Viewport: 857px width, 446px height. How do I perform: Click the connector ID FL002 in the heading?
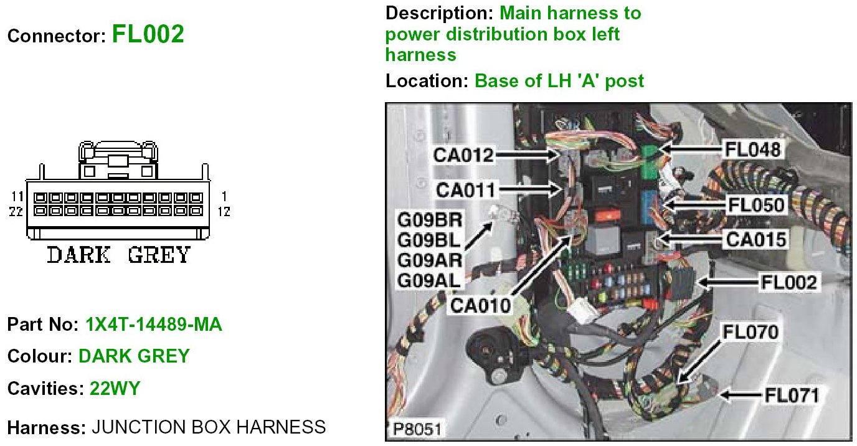coord(148,34)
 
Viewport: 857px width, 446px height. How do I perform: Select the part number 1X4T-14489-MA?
coord(153,325)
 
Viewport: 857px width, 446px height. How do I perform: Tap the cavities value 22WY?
coord(115,389)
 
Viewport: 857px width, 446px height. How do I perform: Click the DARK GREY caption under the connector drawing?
coord(118,255)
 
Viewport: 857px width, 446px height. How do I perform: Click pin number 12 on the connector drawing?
coord(224,212)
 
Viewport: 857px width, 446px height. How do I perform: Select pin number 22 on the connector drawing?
coord(17,212)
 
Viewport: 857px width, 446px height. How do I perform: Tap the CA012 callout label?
coord(465,155)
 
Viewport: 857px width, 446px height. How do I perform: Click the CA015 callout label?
coord(753,239)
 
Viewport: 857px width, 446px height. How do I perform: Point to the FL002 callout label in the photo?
coord(788,283)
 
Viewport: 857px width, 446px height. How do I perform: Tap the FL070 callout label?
coord(750,332)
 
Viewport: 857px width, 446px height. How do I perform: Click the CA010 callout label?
coord(480,305)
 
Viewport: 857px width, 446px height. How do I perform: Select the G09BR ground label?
coord(430,220)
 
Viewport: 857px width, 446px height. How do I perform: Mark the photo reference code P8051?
coord(418,429)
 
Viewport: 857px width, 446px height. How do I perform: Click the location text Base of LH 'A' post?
coord(559,80)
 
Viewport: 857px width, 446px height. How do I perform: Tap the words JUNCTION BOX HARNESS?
coord(209,427)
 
